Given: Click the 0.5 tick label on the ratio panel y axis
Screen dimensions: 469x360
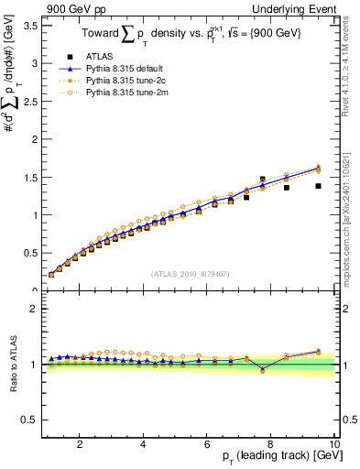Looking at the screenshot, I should click(28, 420).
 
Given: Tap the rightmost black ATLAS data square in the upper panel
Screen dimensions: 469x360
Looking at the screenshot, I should click(318, 186).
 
